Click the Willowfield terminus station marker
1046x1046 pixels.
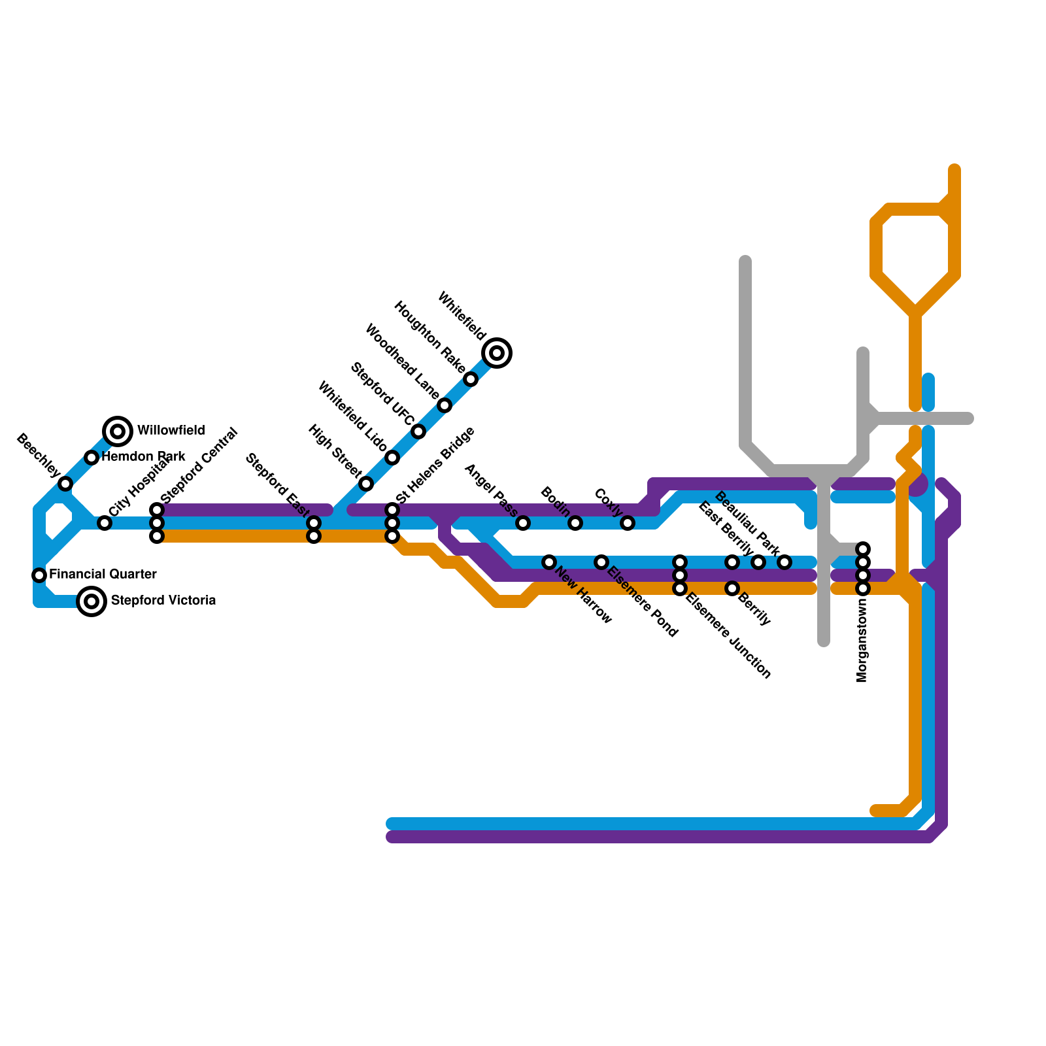118,431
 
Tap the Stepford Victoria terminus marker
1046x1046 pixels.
92,601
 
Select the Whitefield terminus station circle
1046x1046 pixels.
497,353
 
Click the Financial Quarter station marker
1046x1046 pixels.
39,575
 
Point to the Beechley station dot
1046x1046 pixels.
65,484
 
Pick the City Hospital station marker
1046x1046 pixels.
105,522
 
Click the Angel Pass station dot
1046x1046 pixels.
523,522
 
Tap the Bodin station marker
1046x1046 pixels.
575,522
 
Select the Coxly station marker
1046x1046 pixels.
628,522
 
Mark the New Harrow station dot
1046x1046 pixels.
549,562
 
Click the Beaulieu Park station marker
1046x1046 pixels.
785,562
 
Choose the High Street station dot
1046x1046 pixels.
366,484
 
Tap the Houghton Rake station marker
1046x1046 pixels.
471,379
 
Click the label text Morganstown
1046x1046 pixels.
862,641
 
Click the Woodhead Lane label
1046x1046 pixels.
401,361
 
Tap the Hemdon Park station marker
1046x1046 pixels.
92,458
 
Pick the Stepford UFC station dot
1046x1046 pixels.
418,431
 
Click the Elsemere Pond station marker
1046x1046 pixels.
601,562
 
